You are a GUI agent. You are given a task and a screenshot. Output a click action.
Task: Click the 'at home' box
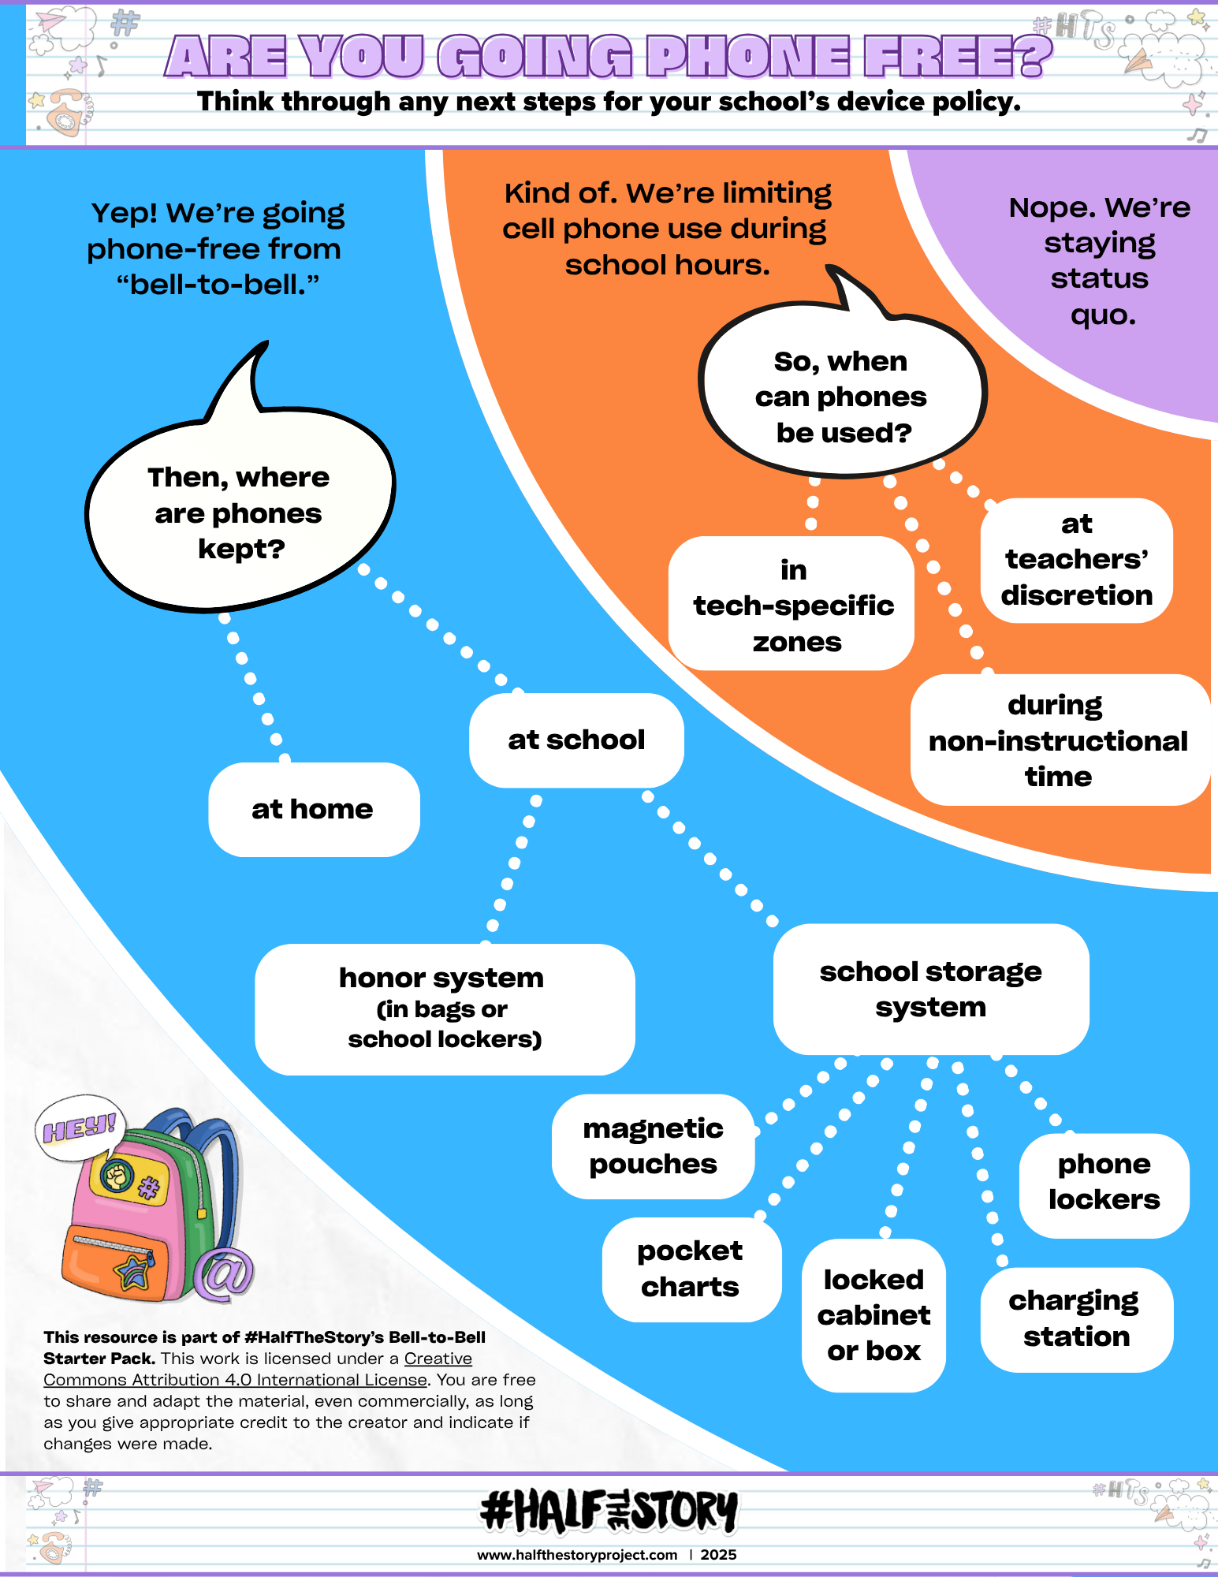(x=314, y=809)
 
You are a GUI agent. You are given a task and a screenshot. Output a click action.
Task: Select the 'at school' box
(x=576, y=740)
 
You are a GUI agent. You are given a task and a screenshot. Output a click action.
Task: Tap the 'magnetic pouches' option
(x=653, y=1146)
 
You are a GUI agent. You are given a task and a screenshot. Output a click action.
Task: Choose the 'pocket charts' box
(x=691, y=1269)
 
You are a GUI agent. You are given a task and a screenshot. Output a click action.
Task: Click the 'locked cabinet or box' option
(x=873, y=1314)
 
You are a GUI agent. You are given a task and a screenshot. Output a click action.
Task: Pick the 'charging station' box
(x=1076, y=1318)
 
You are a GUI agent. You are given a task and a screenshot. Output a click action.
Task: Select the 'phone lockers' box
(x=1104, y=1182)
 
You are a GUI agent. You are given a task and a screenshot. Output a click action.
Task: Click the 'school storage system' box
(x=930, y=989)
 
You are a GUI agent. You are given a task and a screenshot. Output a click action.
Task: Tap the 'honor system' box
(x=444, y=1008)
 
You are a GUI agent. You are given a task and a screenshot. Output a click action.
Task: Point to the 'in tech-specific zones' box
(x=792, y=605)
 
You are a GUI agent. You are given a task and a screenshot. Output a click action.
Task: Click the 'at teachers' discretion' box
(x=1076, y=560)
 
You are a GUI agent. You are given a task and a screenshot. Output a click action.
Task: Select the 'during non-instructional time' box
(x=1058, y=740)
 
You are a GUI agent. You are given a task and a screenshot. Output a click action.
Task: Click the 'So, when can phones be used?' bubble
(x=841, y=397)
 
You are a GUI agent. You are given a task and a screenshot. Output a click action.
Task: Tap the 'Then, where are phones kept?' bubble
(x=239, y=513)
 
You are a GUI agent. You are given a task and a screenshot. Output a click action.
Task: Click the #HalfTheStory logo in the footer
(x=609, y=1511)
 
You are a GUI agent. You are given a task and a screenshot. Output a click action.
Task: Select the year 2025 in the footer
(x=718, y=1555)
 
